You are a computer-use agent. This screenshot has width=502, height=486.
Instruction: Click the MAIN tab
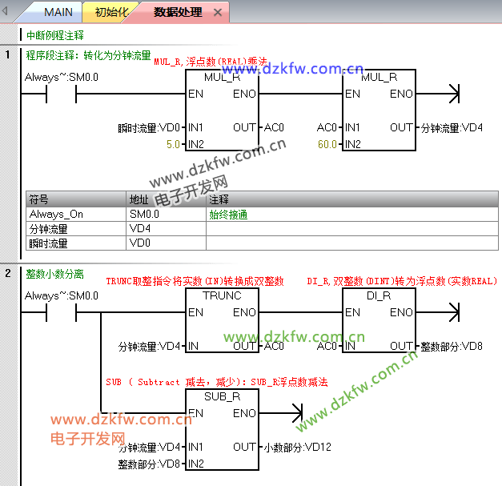point(58,12)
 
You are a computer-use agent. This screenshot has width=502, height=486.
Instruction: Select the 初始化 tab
point(111,12)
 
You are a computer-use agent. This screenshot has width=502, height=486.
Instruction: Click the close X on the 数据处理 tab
point(218,13)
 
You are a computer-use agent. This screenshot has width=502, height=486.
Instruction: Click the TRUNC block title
point(222,295)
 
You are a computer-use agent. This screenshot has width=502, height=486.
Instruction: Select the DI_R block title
point(378,295)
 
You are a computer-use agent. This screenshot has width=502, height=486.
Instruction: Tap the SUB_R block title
point(222,396)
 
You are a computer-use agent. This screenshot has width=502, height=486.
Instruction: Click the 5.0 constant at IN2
point(173,144)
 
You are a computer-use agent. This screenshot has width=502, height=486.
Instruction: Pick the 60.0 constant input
point(327,144)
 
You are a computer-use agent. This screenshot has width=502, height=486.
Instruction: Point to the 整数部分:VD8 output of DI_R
point(452,346)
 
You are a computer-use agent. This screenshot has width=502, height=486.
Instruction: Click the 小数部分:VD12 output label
point(296,447)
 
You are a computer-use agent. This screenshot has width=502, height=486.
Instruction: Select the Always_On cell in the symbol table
point(56,214)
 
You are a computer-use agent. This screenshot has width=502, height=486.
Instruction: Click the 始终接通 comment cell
point(228,214)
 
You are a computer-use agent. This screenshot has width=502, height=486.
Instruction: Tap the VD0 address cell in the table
point(140,243)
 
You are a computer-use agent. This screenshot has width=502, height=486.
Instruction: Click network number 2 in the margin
point(8,273)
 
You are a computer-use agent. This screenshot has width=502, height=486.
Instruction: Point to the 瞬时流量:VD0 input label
point(149,127)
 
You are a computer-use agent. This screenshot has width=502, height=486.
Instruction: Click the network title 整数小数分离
point(54,273)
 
